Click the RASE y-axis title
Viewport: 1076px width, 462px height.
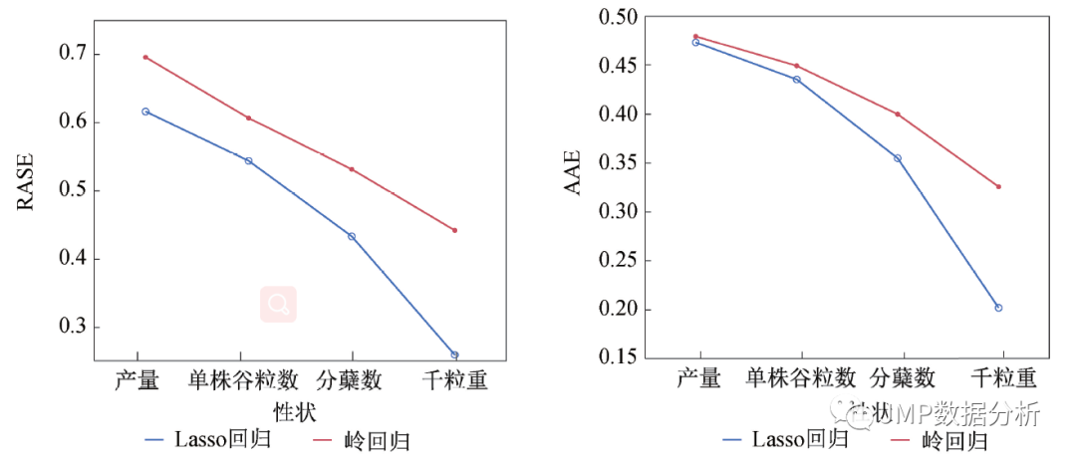tap(26, 181)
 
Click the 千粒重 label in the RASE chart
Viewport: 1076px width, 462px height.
tap(454, 380)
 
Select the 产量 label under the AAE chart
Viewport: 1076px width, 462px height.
tap(699, 378)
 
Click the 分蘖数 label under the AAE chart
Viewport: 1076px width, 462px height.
tap(903, 378)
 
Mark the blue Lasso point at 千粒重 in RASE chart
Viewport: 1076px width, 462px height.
tap(454, 354)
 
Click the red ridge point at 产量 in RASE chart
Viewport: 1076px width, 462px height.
tap(145, 57)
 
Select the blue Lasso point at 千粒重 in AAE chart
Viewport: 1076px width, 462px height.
tap(998, 308)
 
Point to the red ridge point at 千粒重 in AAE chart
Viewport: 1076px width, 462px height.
tap(998, 186)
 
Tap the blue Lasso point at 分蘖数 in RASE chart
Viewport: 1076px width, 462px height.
tap(352, 236)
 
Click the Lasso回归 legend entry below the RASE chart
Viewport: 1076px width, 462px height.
tap(208, 438)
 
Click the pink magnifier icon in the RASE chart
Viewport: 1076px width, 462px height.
tap(279, 304)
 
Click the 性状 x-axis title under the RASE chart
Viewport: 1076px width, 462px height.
tap(295, 409)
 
